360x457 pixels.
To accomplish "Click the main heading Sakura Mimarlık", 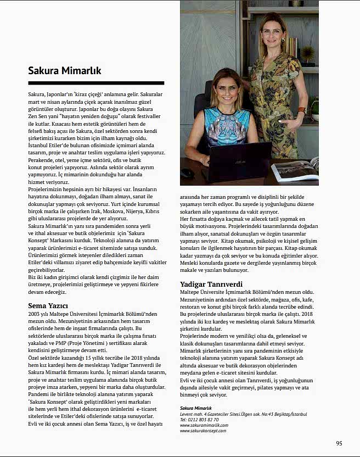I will [x=65, y=71].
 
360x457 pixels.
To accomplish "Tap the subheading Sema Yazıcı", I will [x=48, y=305].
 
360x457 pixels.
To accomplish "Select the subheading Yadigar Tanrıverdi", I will [x=211, y=284].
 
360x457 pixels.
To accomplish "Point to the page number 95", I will [x=339, y=443].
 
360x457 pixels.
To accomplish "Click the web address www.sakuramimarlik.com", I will [x=203, y=425].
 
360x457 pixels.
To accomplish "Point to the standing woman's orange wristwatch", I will [x=301, y=110].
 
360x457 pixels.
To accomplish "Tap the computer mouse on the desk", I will [x=187, y=172].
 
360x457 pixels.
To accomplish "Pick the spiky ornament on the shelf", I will [x=308, y=54].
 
